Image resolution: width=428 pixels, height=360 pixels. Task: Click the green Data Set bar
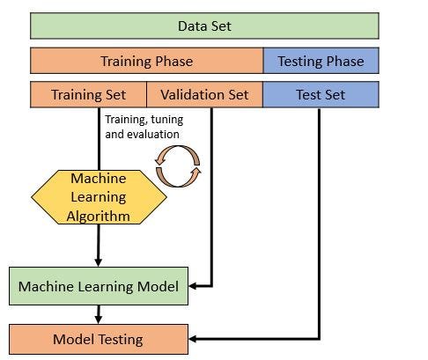pos(204,26)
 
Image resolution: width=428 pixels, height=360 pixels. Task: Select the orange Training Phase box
pos(146,61)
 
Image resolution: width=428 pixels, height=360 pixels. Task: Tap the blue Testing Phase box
pos(321,61)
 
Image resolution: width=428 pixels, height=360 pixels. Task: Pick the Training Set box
pos(88,94)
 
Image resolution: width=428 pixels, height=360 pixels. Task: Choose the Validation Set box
pos(204,94)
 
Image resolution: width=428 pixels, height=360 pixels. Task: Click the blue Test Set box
pos(321,94)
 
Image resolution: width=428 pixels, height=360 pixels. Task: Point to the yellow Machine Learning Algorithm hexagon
pos(99,197)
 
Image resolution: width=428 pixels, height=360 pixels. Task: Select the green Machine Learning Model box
pos(99,286)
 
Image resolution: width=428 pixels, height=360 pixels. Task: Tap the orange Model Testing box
pos(99,338)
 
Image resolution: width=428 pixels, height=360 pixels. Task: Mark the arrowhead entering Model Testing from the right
pos(195,338)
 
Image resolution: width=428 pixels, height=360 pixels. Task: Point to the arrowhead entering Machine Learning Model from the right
pos(195,286)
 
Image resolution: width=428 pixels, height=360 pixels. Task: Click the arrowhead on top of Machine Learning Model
pos(99,263)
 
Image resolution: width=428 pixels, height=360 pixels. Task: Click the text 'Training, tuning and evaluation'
pos(143,126)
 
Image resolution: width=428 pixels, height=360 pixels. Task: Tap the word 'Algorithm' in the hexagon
pos(99,216)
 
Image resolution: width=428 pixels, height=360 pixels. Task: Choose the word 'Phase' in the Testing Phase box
pos(346,61)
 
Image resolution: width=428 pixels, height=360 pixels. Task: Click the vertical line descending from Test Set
pos(319,220)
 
